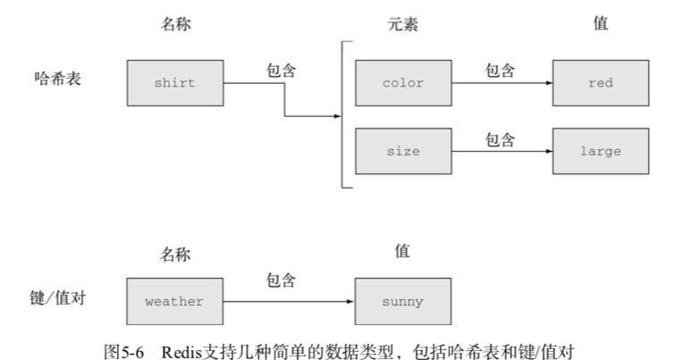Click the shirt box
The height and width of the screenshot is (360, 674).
pyautogui.click(x=174, y=83)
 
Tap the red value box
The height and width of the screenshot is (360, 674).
pyautogui.click(x=599, y=83)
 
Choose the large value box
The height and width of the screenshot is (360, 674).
pyautogui.click(x=599, y=151)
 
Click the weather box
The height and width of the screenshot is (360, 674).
pyautogui.click(x=174, y=301)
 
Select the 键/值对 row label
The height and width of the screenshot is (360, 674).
pyautogui.click(x=56, y=294)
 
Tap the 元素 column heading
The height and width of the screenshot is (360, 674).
pyautogui.click(x=403, y=25)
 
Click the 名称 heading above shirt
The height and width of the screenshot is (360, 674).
pyautogui.click(x=175, y=25)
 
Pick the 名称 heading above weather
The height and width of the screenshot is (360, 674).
pyautogui.click(x=175, y=255)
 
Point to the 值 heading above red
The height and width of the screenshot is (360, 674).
pyautogui.click(x=601, y=24)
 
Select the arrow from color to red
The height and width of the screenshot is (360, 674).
pyautogui.click(x=501, y=83)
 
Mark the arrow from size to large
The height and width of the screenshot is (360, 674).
pyautogui.click(x=501, y=151)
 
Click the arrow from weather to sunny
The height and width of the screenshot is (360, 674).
pyautogui.click(x=288, y=301)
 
